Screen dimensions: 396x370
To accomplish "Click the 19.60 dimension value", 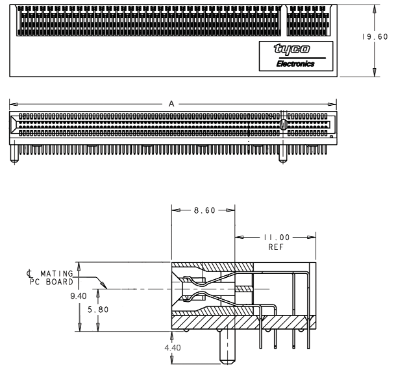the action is (375, 37).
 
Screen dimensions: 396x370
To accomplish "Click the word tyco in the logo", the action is (291, 49).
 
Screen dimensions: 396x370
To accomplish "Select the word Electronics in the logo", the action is (295, 64).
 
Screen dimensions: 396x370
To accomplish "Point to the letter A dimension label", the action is (171, 104).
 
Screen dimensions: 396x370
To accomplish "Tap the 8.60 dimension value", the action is (204, 210).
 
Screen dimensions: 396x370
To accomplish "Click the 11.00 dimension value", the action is (277, 238).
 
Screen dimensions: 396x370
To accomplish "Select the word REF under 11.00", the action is (276, 247).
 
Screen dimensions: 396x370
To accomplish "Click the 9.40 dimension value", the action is (79, 296).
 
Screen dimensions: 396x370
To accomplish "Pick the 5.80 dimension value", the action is (98, 310).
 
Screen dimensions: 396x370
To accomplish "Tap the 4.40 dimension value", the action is (173, 348).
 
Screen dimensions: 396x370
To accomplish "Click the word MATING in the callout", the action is (56, 273).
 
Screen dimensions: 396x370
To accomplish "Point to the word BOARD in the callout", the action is (60, 282).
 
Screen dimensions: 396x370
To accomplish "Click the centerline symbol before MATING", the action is (30, 274).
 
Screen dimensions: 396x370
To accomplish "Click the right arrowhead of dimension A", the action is (332, 104).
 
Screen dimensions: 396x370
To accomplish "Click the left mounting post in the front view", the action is (14, 153).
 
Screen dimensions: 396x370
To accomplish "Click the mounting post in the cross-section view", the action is (227, 347).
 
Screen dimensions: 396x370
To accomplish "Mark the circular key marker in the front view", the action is (284, 124).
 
